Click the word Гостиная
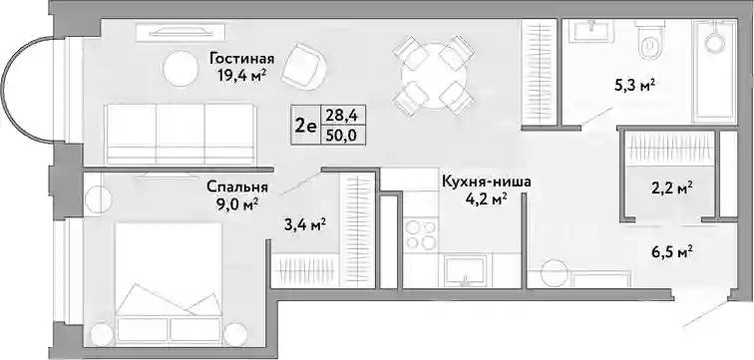pyautogui.click(x=242, y=59)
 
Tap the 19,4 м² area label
pyautogui.click(x=242, y=75)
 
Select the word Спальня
pyautogui.click(x=237, y=186)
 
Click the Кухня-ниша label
pyautogui.click(x=486, y=182)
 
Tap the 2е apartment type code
pyautogui.click(x=305, y=126)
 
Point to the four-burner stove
pyautogui.click(x=420, y=233)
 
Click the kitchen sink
pyautogui.click(x=465, y=270)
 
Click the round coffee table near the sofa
pyautogui.click(x=181, y=69)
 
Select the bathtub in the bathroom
pyautogui.click(x=714, y=71)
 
